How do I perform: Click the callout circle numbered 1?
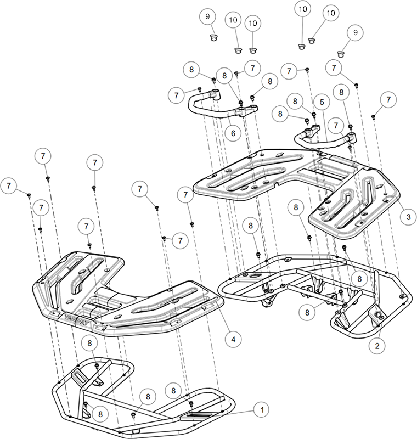click(x=262, y=410)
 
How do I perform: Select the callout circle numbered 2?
click(x=377, y=346)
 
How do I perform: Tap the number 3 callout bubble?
click(x=408, y=217)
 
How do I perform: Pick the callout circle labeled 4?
click(x=233, y=339)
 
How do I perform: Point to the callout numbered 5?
click(x=322, y=102)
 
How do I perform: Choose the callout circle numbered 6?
click(x=233, y=133)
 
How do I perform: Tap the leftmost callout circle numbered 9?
click(x=207, y=16)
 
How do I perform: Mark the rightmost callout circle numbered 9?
click(x=355, y=32)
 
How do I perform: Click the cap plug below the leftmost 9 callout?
click(x=215, y=37)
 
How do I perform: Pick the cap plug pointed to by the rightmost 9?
click(x=340, y=53)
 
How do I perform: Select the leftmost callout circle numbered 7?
click(x=9, y=185)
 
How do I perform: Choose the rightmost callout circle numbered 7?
click(x=388, y=100)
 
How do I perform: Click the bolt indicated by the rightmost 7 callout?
click(x=373, y=116)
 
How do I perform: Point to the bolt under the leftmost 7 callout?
click(x=29, y=195)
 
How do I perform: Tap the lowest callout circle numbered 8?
click(x=100, y=414)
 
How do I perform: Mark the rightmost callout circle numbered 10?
click(x=330, y=13)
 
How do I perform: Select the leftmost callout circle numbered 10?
click(x=233, y=20)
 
